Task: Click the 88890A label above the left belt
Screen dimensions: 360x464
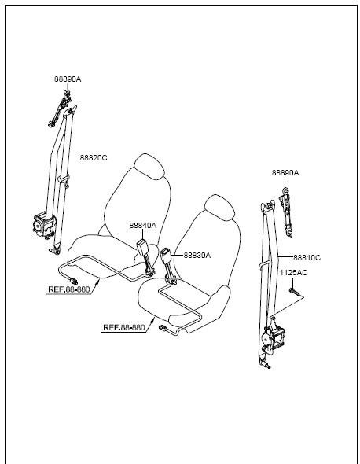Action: click(x=68, y=79)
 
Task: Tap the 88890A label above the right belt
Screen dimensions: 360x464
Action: click(x=285, y=172)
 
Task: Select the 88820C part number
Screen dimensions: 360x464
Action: click(x=94, y=158)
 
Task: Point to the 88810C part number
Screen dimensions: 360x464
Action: click(x=307, y=257)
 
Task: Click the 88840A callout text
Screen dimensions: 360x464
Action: click(x=142, y=225)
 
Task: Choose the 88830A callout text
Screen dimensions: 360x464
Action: click(x=197, y=255)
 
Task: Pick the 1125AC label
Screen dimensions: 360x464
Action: click(x=294, y=272)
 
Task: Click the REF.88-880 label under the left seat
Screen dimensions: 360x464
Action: click(x=68, y=289)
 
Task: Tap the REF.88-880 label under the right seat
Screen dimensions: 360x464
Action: click(x=124, y=328)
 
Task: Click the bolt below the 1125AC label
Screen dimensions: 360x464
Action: click(x=294, y=292)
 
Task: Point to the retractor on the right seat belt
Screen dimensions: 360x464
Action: click(x=274, y=337)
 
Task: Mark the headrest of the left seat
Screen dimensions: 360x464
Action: click(x=149, y=166)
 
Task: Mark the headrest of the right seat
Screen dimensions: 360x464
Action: click(x=220, y=208)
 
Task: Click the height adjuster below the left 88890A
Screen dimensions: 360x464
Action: click(x=60, y=109)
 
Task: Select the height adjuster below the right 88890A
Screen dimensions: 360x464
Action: click(x=287, y=212)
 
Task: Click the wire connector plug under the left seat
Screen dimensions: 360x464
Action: click(x=73, y=280)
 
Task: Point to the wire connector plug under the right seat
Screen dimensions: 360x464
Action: click(x=163, y=328)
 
